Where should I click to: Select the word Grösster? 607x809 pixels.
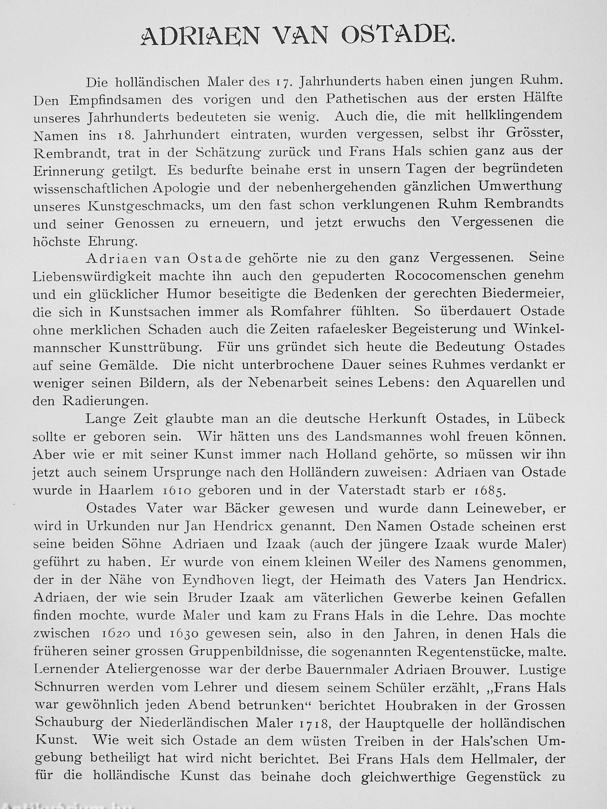coord(535,134)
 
